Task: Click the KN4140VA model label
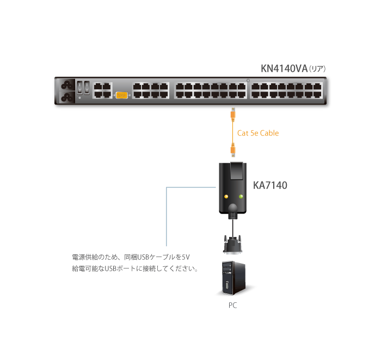tap(284, 69)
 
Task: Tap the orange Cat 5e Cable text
tap(258, 133)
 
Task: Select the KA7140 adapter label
tap(271, 185)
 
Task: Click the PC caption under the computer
tap(232, 306)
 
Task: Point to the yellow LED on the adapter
tap(225, 196)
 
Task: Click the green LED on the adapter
tap(240, 196)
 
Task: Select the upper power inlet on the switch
tap(69, 86)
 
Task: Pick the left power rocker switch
tap(79, 86)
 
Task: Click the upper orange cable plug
tap(232, 114)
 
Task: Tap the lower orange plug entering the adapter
tap(232, 148)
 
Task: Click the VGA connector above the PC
tap(232, 243)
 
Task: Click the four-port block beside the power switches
tap(102, 90)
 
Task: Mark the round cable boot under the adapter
tap(233, 209)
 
